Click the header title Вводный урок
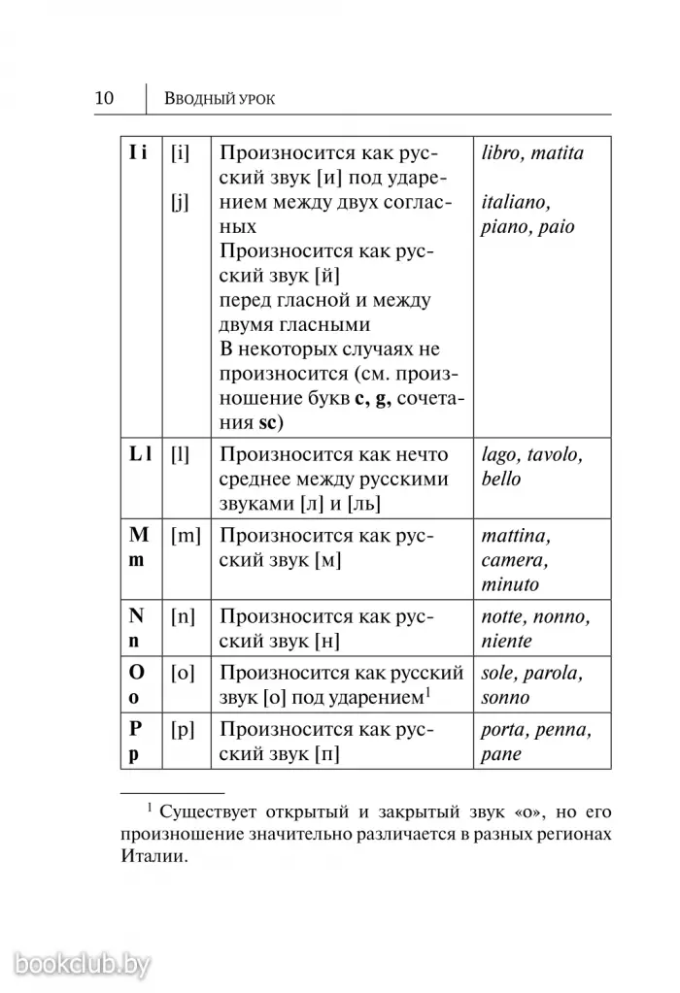[x=221, y=99]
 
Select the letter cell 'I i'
[x=138, y=153]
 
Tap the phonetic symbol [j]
[x=179, y=203]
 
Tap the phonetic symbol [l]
[x=179, y=453]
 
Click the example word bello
[x=501, y=479]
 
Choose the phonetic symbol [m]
[x=184, y=536]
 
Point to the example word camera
[x=515, y=560]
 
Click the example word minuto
[x=510, y=584]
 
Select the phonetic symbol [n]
[x=182, y=616]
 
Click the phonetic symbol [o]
[x=182, y=673]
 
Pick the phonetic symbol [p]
[x=182, y=730]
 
